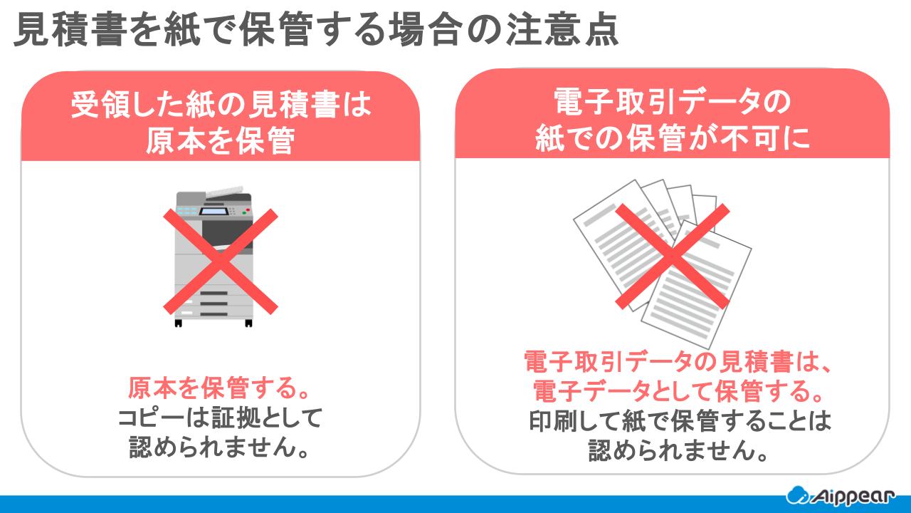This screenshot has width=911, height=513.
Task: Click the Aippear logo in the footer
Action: click(841, 496)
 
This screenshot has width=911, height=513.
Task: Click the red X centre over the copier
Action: click(221, 261)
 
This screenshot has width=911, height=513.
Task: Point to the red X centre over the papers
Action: click(673, 256)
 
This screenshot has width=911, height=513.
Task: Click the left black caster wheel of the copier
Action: click(178, 323)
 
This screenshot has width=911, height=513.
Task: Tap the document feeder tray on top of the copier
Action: click(224, 192)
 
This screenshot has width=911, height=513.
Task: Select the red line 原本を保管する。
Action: click(219, 388)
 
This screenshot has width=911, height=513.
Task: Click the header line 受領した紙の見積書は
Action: click(221, 105)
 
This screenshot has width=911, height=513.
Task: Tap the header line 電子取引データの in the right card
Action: click(673, 102)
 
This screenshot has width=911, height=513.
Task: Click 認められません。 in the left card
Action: click(219, 447)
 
